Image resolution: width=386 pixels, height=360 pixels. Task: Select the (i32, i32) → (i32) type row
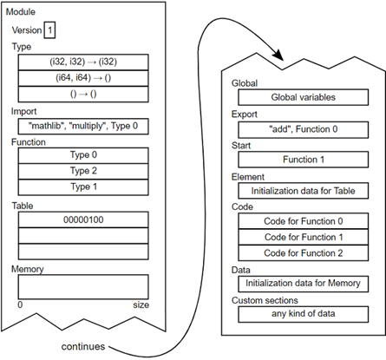(83, 62)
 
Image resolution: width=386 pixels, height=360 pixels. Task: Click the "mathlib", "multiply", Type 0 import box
(83, 125)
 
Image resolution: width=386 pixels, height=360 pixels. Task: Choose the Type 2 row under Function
(83, 172)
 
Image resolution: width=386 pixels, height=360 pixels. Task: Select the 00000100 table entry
(83, 219)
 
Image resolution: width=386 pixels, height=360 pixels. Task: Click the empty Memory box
(83, 286)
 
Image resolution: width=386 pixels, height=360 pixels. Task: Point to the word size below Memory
(140, 305)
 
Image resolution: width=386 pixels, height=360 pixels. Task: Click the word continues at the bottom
(85, 346)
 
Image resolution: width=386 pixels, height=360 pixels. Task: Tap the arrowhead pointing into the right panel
(279, 58)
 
